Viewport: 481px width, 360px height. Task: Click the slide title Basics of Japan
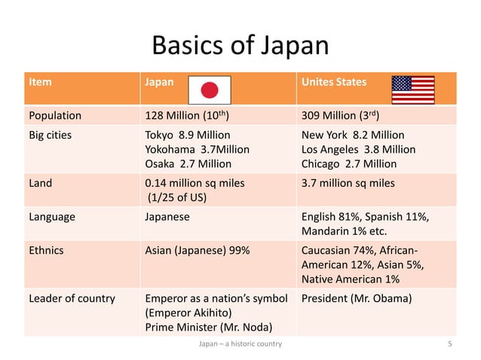click(240, 46)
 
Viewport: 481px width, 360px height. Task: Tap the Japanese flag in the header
click(209, 90)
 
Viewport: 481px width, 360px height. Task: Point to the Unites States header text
click(334, 81)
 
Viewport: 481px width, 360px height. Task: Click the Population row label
click(55, 116)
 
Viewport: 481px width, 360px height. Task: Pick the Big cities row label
click(51, 135)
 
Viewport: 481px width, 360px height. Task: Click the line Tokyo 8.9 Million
click(187, 135)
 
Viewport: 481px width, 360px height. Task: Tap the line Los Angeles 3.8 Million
click(358, 149)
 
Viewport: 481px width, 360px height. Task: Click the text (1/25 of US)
click(178, 197)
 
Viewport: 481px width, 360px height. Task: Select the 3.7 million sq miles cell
click(348, 183)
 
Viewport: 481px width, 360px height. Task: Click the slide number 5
click(449, 344)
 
